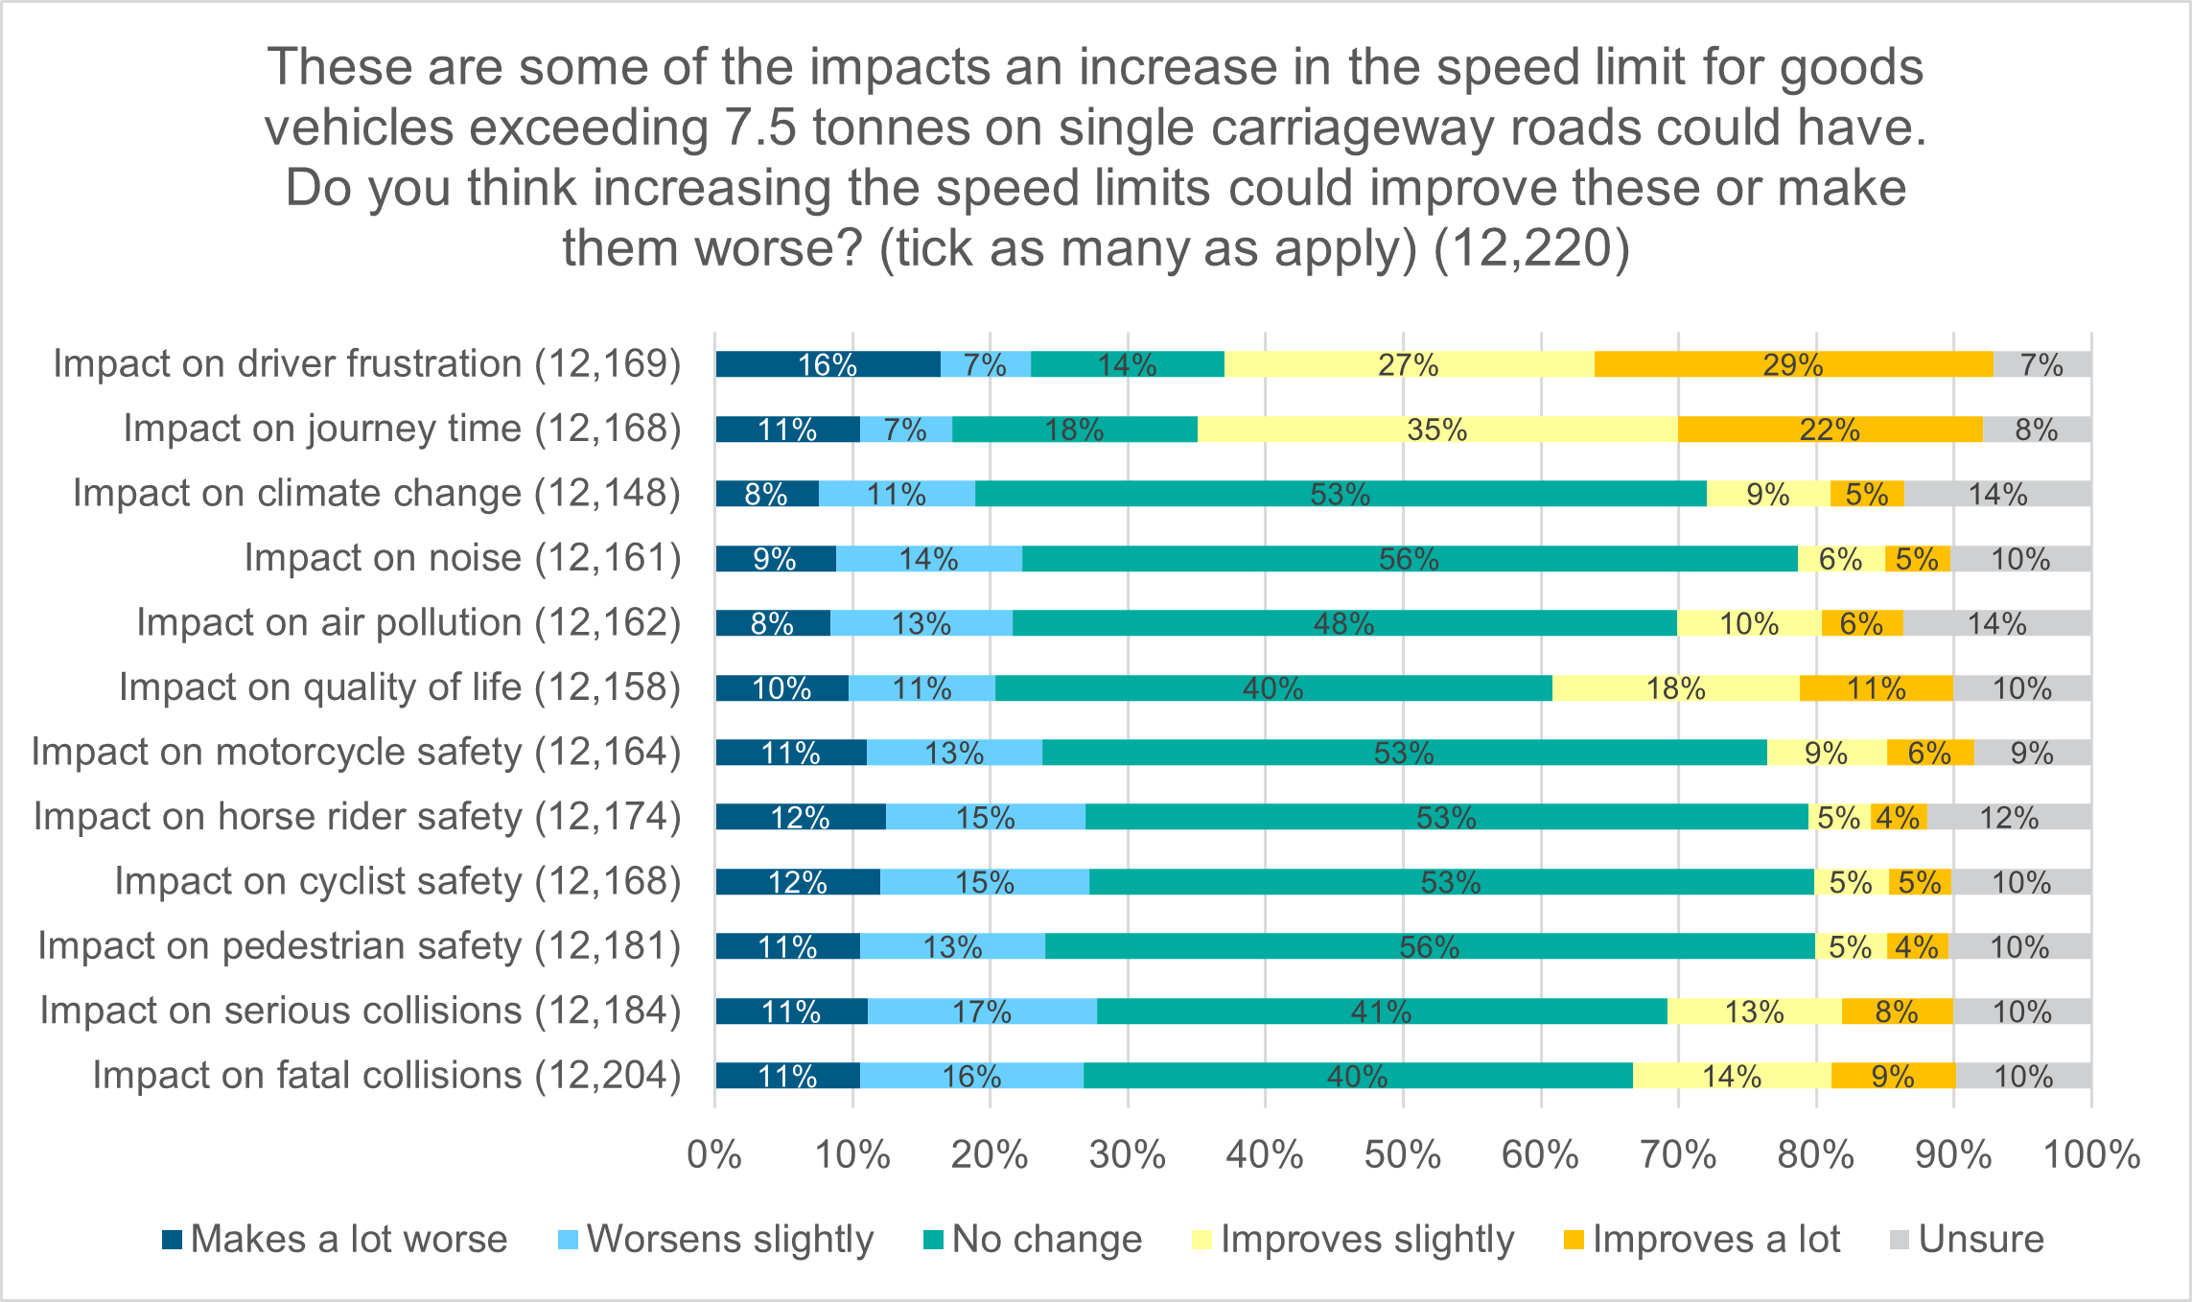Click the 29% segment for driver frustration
[1793, 364]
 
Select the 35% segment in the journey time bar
[1436, 430]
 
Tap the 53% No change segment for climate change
[1340, 494]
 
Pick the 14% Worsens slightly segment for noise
[928, 559]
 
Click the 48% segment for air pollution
[1343, 623]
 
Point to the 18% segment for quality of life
[1675, 688]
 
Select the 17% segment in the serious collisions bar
[981, 1011]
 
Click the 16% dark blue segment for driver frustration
[827, 364]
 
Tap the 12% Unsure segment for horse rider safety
[2008, 818]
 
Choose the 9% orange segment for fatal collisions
[1892, 1076]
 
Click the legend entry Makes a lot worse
[335, 1239]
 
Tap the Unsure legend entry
[1966, 1239]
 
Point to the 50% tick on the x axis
[1403, 1154]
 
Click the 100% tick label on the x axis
[2091, 1154]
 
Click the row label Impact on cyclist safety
[397, 881]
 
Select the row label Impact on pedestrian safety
[359, 946]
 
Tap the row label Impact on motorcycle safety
[356, 752]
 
